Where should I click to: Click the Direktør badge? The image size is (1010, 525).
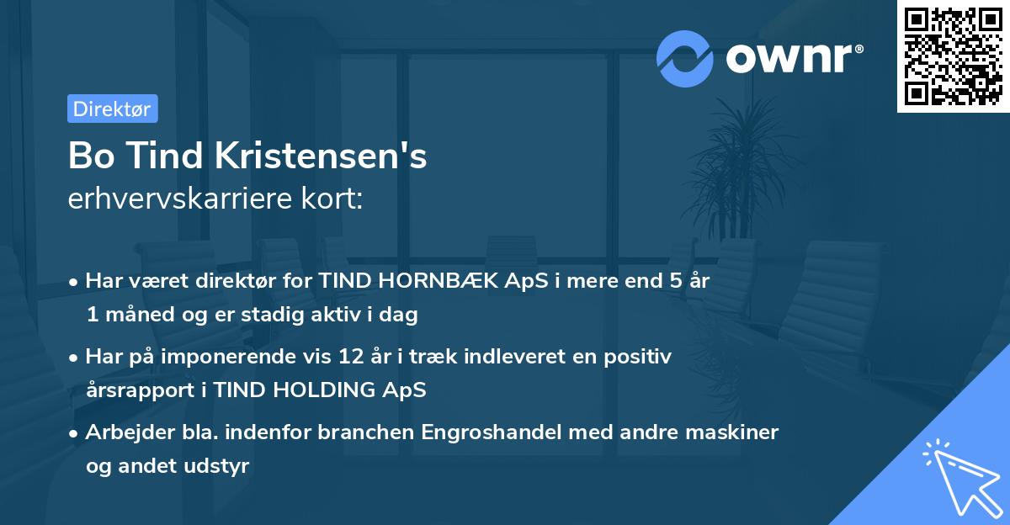112,109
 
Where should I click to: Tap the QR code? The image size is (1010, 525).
954,56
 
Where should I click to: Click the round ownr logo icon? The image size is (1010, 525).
685,59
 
